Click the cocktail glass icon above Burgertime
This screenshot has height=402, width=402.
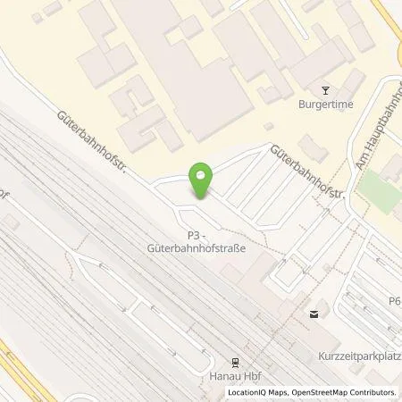pos(324,89)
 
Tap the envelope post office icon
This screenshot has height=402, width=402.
pos(314,313)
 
